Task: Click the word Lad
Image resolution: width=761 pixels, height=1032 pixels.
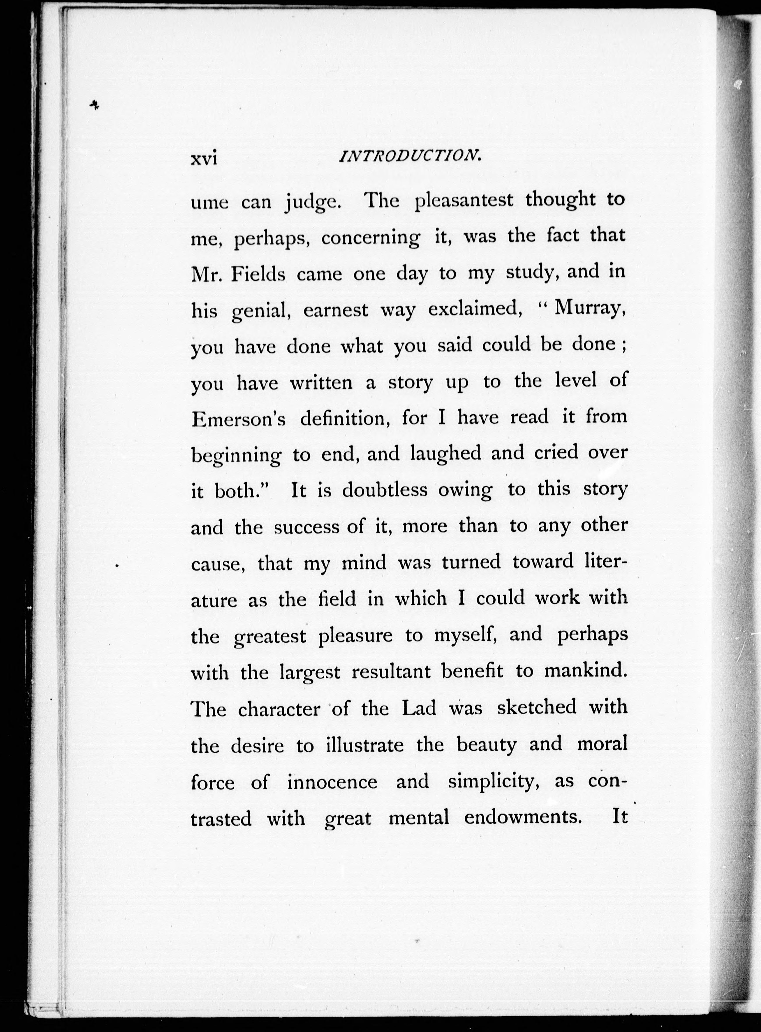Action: tap(419, 708)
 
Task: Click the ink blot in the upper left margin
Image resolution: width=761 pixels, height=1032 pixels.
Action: tap(94, 105)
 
